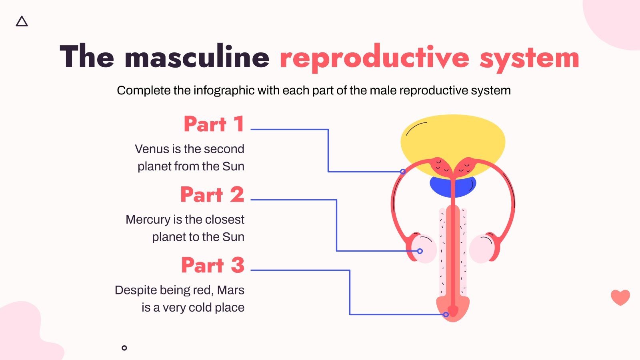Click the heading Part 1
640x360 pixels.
[x=214, y=124]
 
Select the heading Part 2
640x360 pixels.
[x=212, y=195]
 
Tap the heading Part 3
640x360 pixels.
[x=212, y=265]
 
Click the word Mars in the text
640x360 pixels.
[x=230, y=290]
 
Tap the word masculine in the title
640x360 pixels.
[x=197, y=57]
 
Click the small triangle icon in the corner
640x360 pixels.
[x=22, y=22]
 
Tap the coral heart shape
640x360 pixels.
[x=620, y=297]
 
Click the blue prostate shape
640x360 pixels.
[x=440, y=187]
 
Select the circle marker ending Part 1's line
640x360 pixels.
[x=403, y=172]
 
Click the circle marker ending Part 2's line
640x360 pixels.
[x=420, y=251]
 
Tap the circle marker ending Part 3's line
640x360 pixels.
[x=446, y=314]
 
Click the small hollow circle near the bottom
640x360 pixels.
[x=124, y=348]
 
